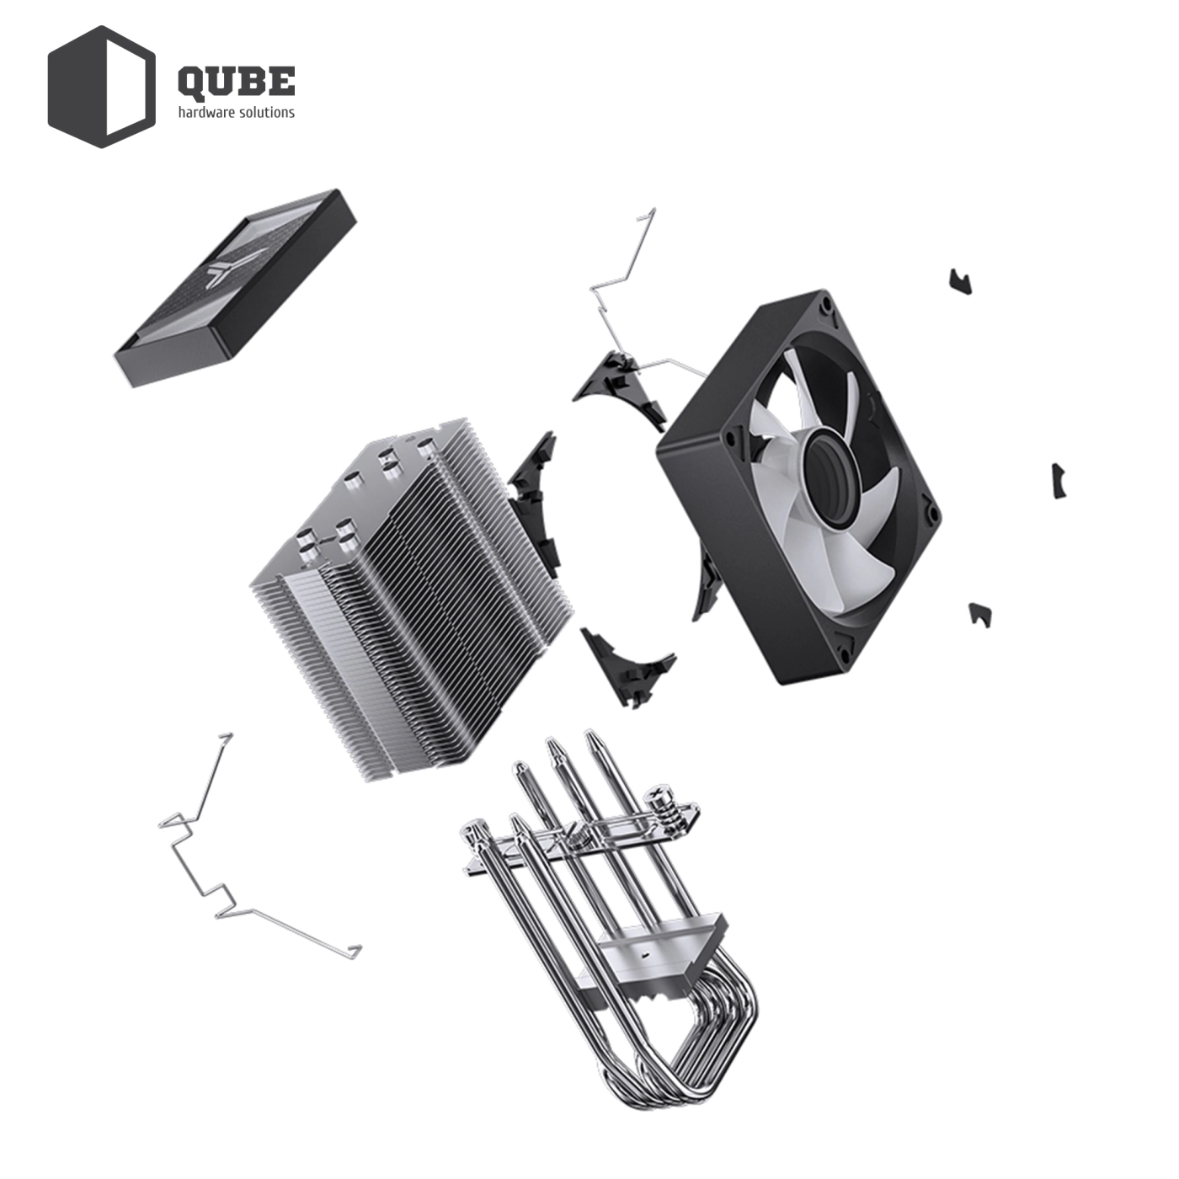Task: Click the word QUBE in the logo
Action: click(x=236, y=81)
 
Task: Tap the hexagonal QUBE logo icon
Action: click(x=101, y=87)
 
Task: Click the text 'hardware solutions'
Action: click(x=236, y=113)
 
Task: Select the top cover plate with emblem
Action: click(x=236, y=286)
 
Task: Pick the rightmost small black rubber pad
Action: click(x=1059, y=481)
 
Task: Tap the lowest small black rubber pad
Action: click(x=979, y=613)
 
